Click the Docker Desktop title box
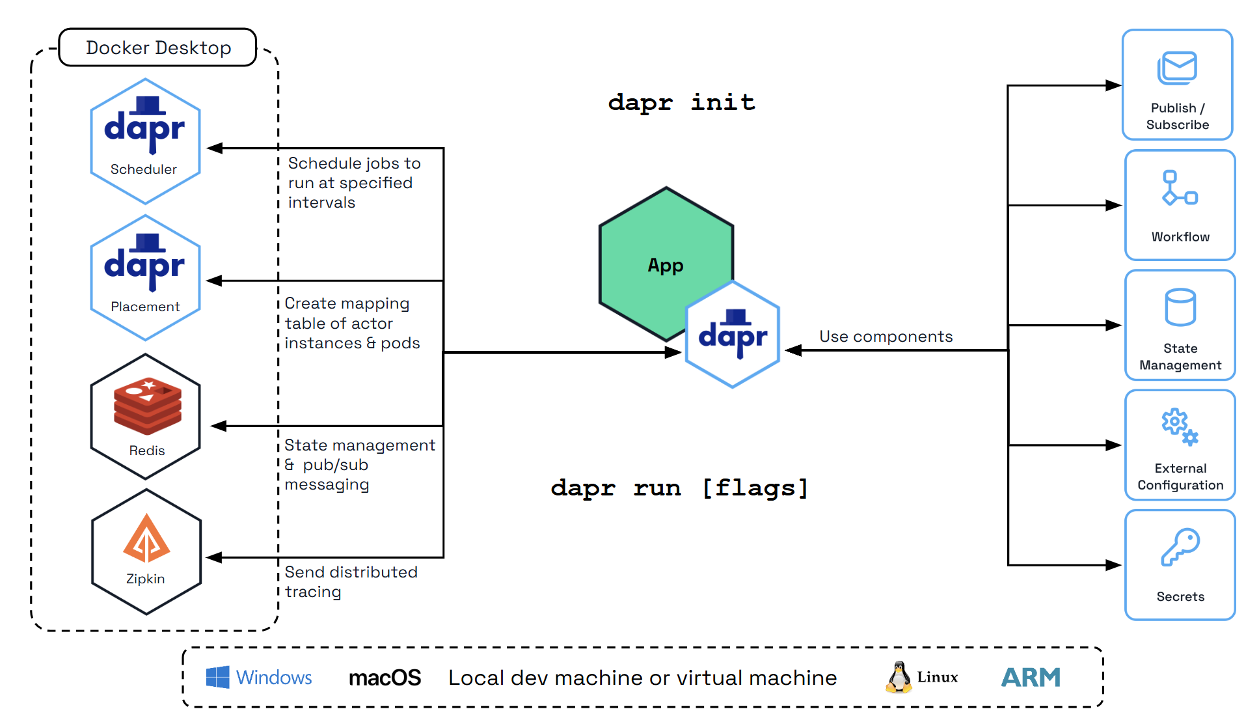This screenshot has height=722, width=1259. tap(157, 48)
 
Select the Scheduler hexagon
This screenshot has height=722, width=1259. tap(145, 141)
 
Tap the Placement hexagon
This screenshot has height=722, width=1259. tap(145, 278)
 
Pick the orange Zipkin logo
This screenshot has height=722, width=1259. tap(146, 539)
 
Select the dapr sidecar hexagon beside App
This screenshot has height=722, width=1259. tap(733, 335)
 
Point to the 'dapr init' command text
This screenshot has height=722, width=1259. tap(681, 102)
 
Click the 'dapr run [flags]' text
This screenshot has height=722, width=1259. tap(679, 488)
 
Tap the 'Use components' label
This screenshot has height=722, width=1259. tap(886, 337)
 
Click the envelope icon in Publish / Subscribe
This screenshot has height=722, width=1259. tap(1177, 68)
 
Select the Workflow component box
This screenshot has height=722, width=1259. tap(1180, 205)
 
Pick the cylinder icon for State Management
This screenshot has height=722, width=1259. tap(1180, 307)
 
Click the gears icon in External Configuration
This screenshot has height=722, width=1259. tap(1180, 427)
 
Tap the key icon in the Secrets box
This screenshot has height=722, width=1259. tap(1180, 547)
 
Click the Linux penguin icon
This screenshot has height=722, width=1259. tap(899, 677)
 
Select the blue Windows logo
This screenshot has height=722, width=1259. tap(217, 677)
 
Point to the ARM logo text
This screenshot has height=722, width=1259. tap(1031, 678)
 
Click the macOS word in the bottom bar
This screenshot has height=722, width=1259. tap(385, 678)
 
